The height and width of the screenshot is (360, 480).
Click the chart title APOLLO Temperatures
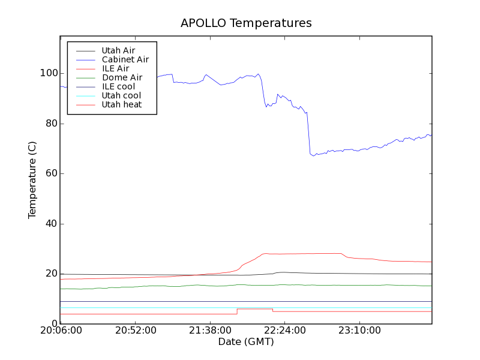tap(246, 23)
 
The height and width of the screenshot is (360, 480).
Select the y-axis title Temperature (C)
tap(32, 180)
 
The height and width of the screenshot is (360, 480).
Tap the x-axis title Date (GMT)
tap(246, 342)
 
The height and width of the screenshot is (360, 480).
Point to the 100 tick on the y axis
tap(49, 73)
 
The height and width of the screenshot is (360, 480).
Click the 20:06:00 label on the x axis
tap(60, 331)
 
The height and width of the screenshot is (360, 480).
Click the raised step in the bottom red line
tap(255, 309)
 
